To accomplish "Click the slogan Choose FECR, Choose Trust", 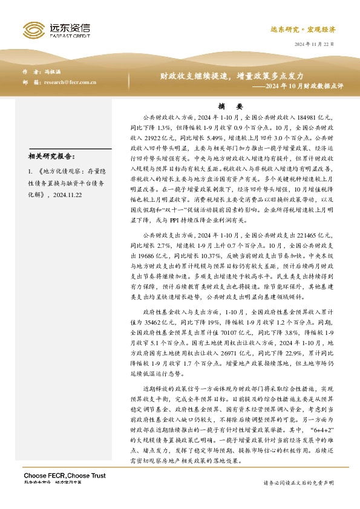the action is pos(57,473).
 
